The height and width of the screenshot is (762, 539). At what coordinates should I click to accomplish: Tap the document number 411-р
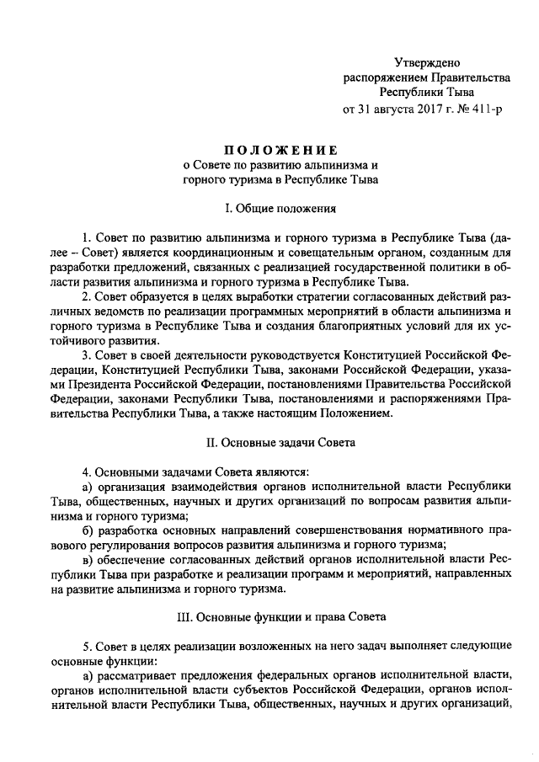click(482, 109)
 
